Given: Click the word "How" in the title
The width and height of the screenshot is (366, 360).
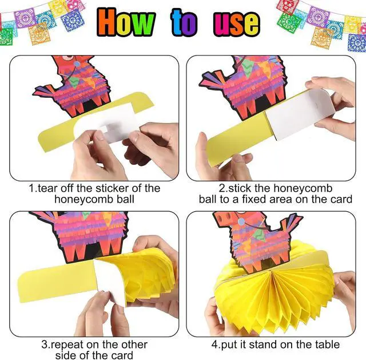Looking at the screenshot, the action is point(126,22).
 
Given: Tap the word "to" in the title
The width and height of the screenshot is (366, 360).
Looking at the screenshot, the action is point(184,23).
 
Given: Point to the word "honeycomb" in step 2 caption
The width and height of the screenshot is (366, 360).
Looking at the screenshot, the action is point(303,188).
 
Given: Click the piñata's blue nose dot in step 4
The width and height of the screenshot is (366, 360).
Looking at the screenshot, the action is point(241,221).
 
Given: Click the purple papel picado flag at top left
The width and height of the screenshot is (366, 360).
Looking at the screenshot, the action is point(25,18).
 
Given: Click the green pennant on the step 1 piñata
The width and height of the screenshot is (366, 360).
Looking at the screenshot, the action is point(74,82).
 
